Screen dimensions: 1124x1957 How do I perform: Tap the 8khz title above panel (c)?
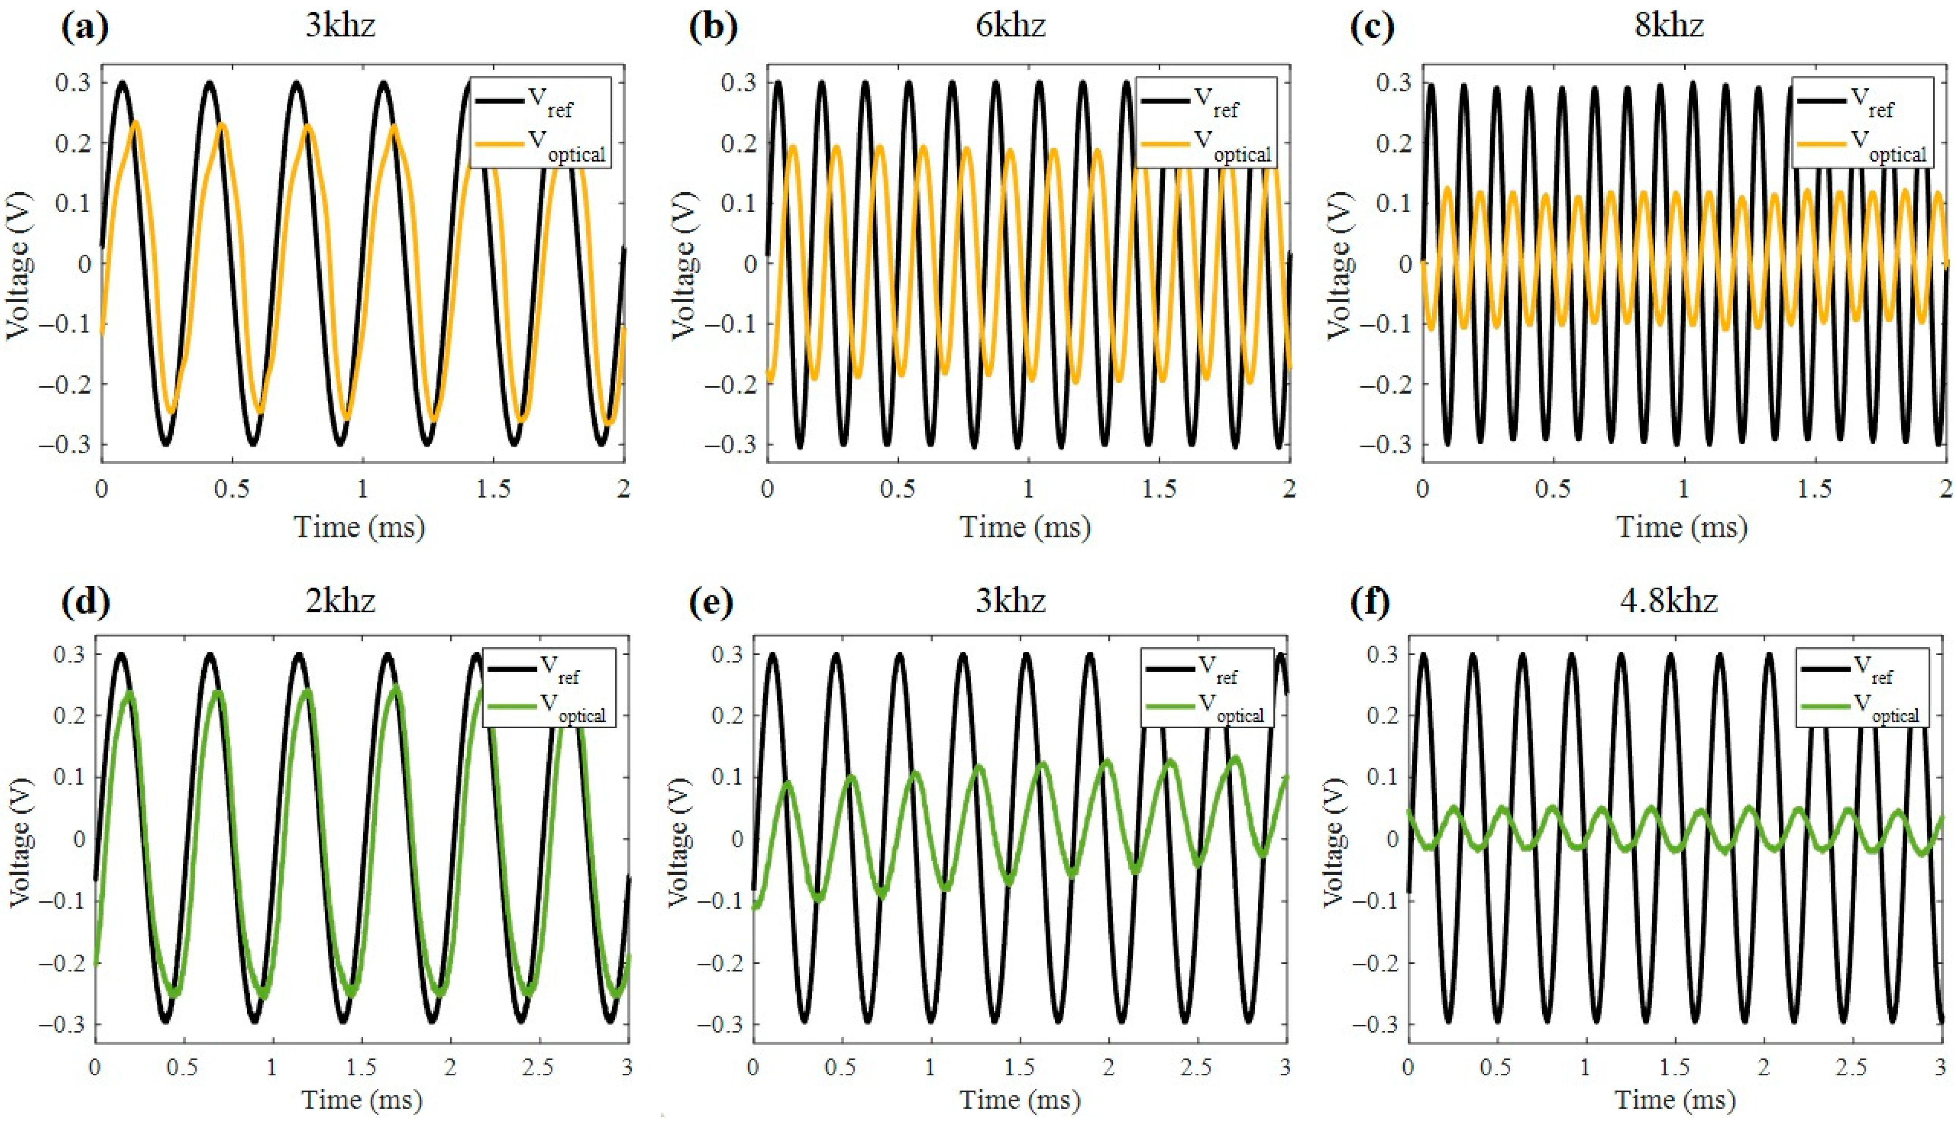click(x=1668, y=26)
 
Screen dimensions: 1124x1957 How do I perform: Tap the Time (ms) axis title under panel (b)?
click(x=1025, y=527)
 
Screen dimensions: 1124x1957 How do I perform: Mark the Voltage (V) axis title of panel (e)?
click(x=679, y=841)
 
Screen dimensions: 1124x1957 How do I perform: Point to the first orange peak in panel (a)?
click(x=136, y=123)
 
